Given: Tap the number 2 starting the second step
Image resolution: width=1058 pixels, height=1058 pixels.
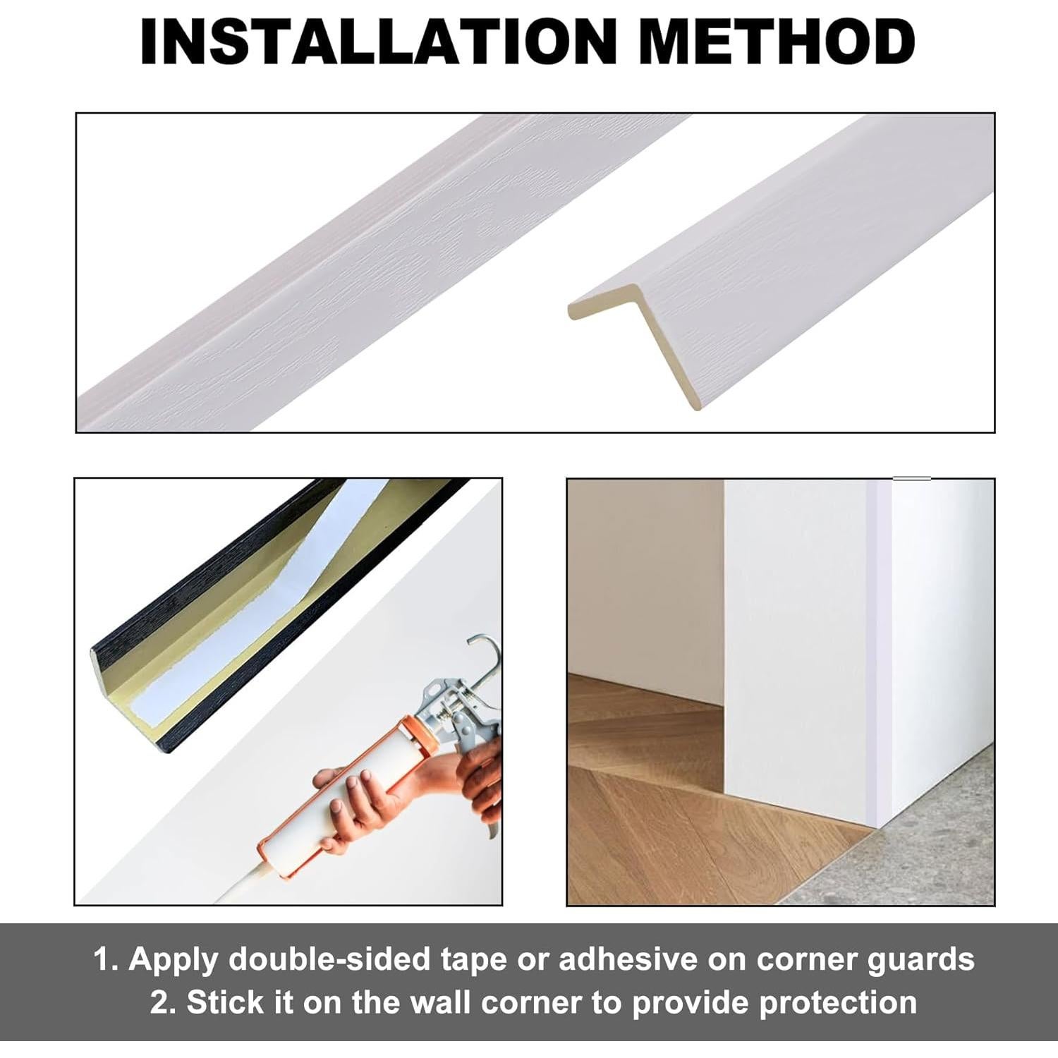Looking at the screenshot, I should point(160,1003).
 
